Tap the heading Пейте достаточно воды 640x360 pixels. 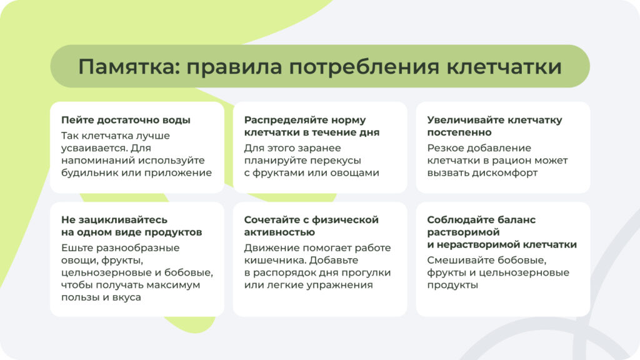pos(126,120)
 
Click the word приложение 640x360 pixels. pos(181,173)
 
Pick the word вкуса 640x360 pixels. pos(126,297)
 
